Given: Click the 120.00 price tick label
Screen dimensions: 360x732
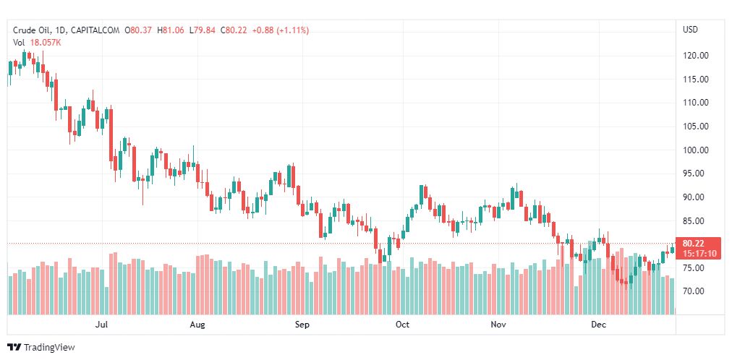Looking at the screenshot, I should [697, 56].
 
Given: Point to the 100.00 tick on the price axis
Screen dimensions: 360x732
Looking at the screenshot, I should [697, 150].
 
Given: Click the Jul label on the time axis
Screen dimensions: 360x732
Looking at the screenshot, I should [102, 325].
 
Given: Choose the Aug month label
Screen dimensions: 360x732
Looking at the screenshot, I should [197, 325].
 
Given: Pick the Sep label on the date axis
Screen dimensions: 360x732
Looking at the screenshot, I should [302, 325].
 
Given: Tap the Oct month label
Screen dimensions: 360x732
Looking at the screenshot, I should [402, 325].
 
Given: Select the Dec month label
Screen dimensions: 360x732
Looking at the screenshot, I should [598, 325].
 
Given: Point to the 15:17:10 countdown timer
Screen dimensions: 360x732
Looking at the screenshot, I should [699, 254].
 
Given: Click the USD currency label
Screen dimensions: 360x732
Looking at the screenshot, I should [690, 30].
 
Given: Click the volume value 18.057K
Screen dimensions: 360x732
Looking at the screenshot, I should [46, 42].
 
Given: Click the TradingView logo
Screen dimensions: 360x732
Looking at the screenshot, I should [41, 348].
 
